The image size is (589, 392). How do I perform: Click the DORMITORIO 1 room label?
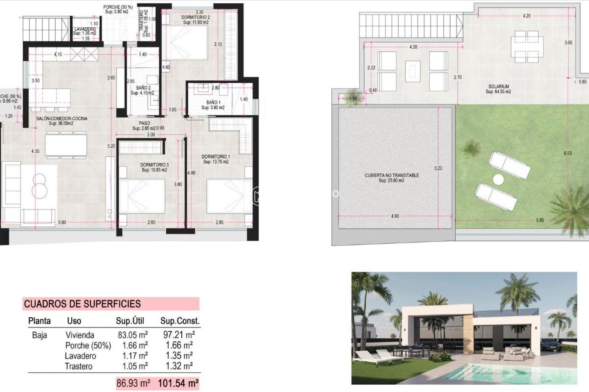[216, 156]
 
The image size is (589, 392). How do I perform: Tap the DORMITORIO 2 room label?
[195, 17]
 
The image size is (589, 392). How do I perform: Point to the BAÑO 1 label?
[213, 102]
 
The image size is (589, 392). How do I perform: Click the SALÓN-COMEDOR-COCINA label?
[62, 119]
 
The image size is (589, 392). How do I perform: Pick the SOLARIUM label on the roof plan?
[499, 87]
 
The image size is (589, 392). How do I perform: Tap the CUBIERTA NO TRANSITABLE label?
[392, 175]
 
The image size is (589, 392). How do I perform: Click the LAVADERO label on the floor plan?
[85, 29]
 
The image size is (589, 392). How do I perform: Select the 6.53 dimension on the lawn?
[568, 153]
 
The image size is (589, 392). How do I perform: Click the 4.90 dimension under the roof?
[395, 216]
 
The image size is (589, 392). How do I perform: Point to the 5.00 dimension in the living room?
[62, 222]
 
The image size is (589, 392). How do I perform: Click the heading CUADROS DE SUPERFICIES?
[82, 304]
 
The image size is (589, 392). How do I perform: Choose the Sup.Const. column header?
[180, 321]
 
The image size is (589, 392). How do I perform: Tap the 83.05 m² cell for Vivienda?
[133, 335]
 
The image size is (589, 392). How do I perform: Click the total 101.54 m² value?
[178, 383]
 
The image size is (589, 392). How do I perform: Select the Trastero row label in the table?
[79, 366]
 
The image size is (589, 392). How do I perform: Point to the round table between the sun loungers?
[499, 179]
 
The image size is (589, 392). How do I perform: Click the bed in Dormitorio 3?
[142, 196]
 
